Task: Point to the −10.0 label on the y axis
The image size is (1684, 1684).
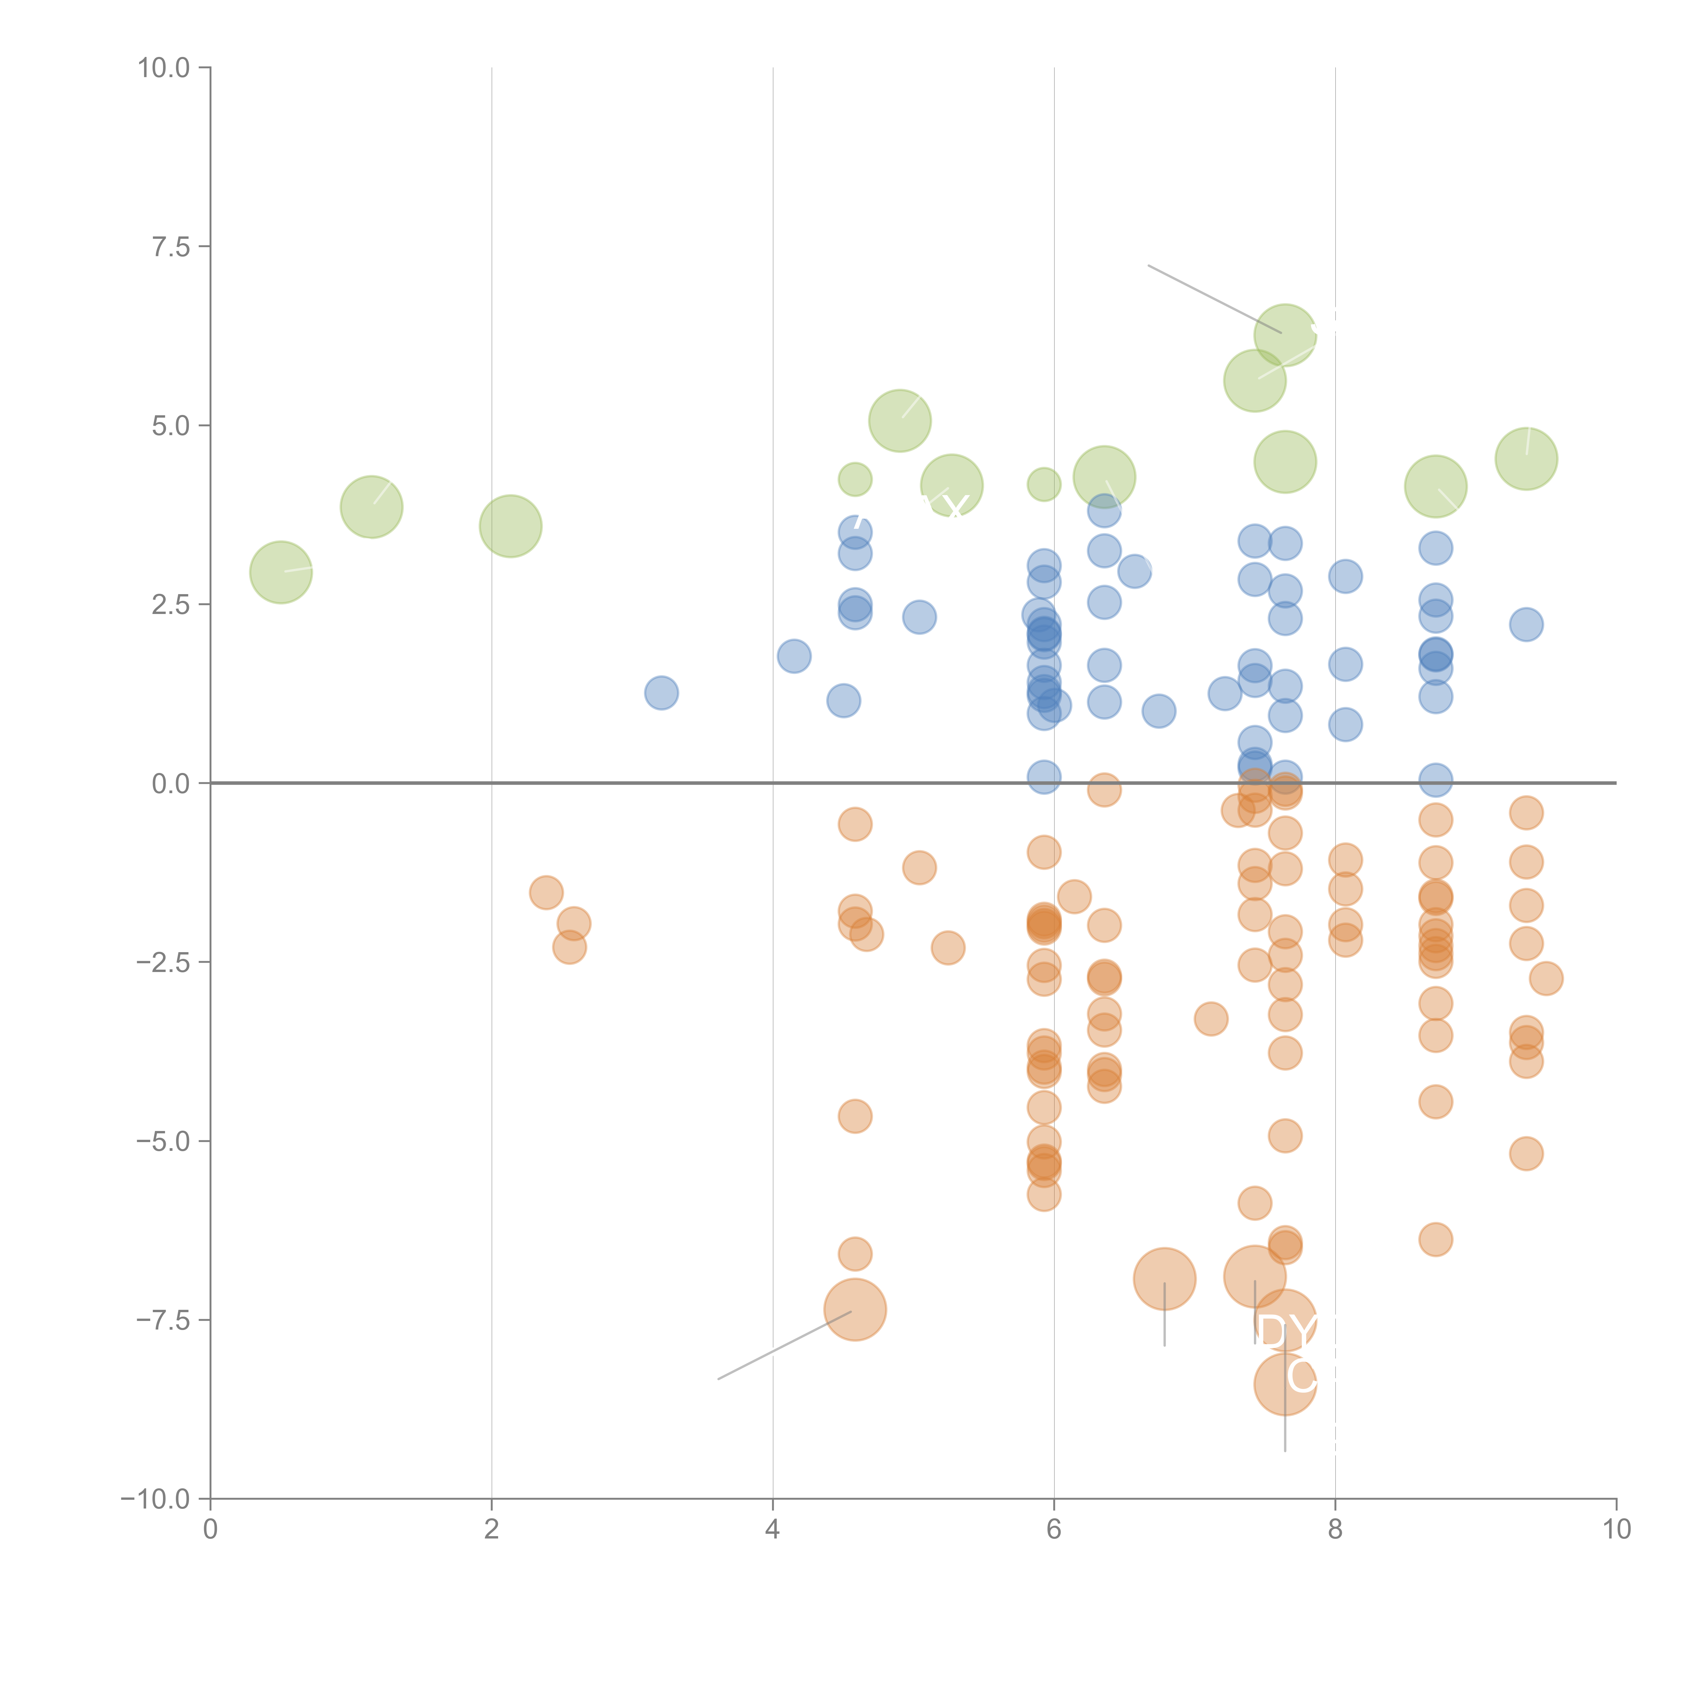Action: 155,1499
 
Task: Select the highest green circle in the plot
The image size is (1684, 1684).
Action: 1285,335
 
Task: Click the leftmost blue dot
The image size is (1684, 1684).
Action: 661,693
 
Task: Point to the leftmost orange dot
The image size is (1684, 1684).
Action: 546,893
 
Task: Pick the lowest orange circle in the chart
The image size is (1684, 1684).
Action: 1285,1384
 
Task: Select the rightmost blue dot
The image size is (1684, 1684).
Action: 1526,624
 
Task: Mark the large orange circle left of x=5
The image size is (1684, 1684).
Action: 855,1309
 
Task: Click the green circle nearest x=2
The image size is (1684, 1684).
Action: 511,526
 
